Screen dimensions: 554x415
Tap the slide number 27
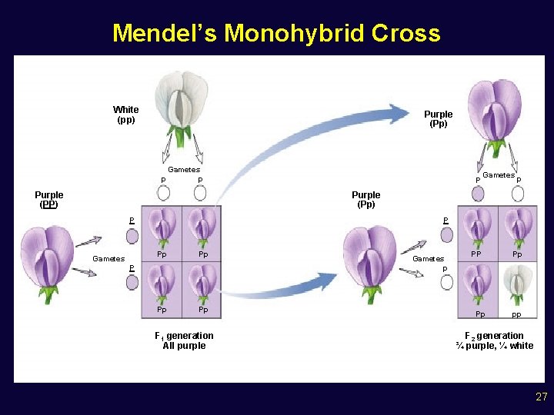[x=541, y=397]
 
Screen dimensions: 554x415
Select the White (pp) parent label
[x=125, y=115]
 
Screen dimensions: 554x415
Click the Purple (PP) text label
[x=48, y=200]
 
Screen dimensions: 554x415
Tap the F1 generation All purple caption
[x=184, y=340]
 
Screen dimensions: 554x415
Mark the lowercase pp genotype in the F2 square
[x=516, y=315]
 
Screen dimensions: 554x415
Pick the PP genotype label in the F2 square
[x=476, y=254]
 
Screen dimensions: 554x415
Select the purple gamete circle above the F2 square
[x=479, y=193]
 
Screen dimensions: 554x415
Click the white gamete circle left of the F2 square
[x=447, y=282]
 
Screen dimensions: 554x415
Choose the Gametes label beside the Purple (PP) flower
[x=108, y=259]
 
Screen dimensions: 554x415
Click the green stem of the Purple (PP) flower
[x=48, y=293]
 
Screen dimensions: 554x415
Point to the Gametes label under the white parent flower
[x=184, y=170]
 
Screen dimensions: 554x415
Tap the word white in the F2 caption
[x=521, y=346]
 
